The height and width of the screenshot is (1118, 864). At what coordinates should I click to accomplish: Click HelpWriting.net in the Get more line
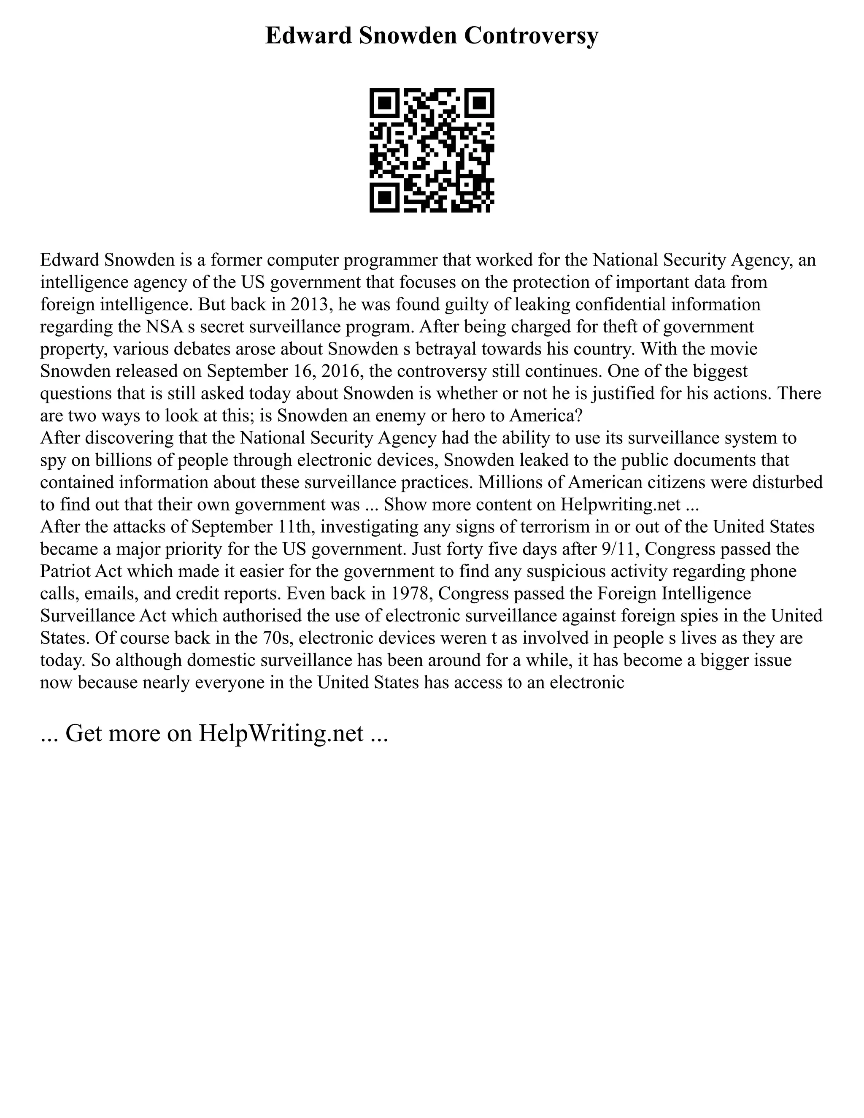pyautogui.click(x=281, y=734)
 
